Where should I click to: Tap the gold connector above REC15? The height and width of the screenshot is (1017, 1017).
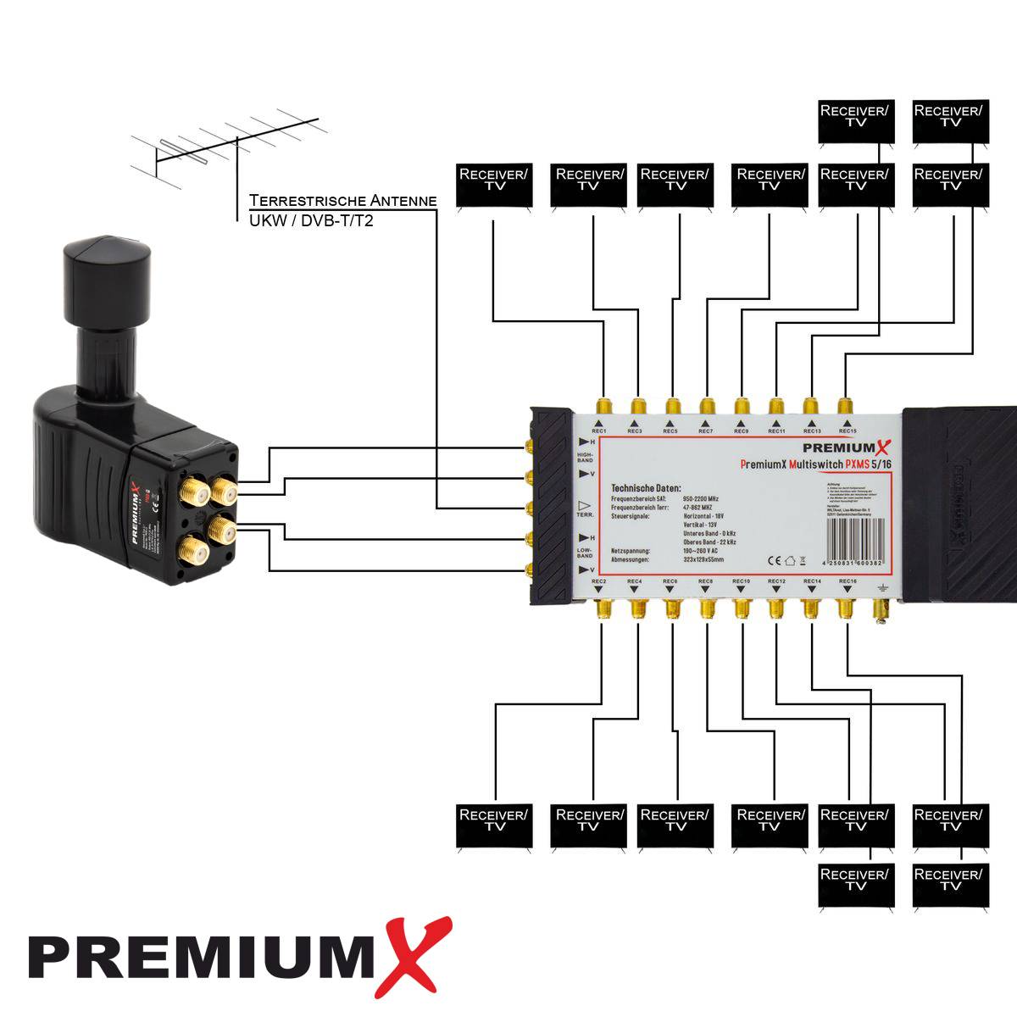844,405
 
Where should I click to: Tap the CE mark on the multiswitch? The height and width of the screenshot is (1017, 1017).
773,559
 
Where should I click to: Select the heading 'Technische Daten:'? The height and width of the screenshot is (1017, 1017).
646,489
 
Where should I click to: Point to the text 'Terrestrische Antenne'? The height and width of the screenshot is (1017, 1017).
343,201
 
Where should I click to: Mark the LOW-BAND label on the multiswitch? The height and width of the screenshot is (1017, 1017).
586,553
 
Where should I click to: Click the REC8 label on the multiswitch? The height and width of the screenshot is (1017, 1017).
705,581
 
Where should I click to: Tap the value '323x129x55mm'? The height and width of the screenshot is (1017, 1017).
708,560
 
